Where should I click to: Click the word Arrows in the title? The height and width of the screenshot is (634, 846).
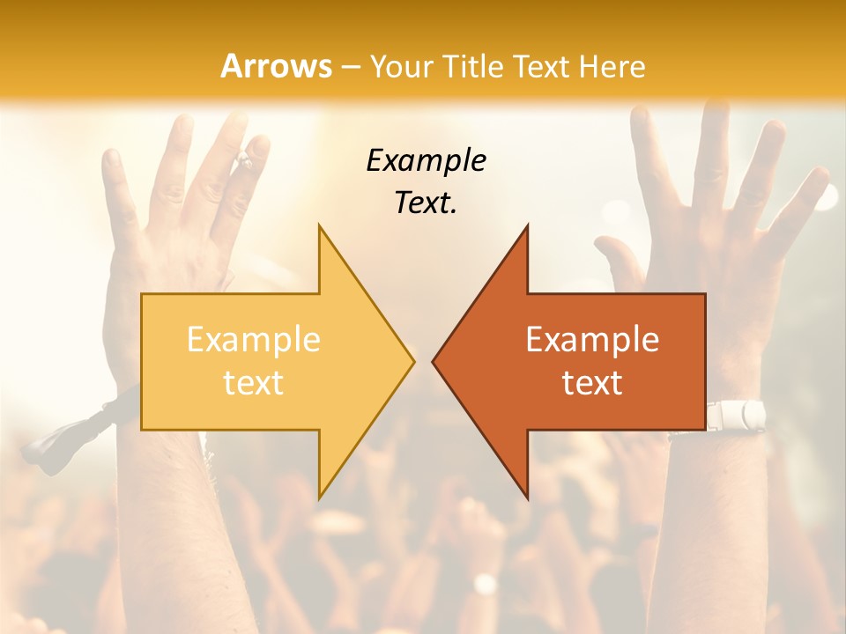pos(276,66)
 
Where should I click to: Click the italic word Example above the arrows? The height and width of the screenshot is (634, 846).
pos(426,160)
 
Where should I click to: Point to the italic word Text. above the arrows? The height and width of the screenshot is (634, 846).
pos(426,203)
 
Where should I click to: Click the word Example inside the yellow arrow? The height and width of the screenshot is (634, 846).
pos(254,339)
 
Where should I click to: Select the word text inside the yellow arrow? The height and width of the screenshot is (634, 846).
pos(254,383)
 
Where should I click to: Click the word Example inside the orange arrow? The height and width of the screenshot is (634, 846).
pos(592,339)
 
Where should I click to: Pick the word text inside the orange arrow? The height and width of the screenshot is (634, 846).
pos(592,383)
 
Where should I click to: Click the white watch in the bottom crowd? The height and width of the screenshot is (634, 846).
pos(485,584)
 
